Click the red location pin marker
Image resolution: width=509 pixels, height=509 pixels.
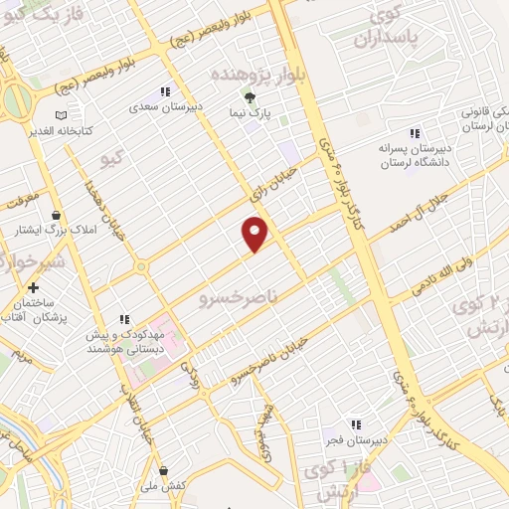click(255, 235)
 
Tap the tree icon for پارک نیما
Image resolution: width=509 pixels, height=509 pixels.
click(251, 97)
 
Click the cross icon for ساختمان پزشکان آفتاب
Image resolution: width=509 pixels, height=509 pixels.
click(34, 287)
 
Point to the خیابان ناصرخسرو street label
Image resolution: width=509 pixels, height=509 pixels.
click(270, 361)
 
